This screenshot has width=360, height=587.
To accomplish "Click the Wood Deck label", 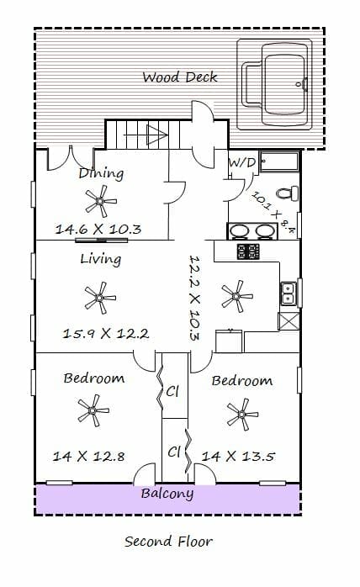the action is tap(180, 77).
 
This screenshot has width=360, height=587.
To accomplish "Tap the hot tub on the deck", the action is tap(274, 85).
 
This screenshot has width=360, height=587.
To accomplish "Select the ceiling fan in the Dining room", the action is tap(100, 201).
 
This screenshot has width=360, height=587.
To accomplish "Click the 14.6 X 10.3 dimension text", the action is tap(98, 229).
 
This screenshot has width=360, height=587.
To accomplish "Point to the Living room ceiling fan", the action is tap(100, 298).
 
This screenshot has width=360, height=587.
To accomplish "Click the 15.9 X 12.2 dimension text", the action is tap(106, 333).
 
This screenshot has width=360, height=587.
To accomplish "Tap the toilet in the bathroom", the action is tap(288, 193).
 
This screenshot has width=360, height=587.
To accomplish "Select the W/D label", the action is tap(242, 162).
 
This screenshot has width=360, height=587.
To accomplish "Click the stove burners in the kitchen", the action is tap(248, 251).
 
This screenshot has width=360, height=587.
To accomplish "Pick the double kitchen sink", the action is tap(289, 293).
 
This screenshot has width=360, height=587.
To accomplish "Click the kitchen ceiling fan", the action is tap(236, 296).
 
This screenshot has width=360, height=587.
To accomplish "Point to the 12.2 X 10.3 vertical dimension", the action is tap(194, 298).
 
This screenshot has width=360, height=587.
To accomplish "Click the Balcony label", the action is tap(167, 494).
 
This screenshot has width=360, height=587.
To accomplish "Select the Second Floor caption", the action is tap(168, 542).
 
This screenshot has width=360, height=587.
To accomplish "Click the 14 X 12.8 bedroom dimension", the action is tap(88, 457).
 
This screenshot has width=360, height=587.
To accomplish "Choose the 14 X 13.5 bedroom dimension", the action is tap(238, 457).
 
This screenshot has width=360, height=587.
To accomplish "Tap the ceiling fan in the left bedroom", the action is tap(93, 410).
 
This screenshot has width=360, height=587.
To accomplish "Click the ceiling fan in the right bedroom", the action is tap(242, 415).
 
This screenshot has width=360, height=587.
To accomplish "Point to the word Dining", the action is tap(101, 173).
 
